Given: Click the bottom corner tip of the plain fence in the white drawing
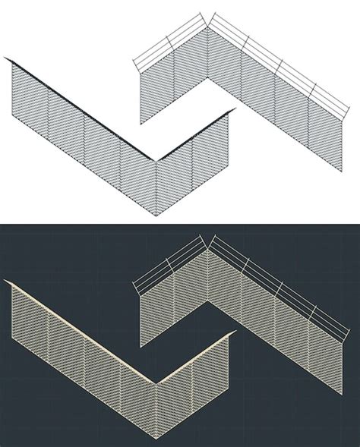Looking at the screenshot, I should click(x=157, y=216).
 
